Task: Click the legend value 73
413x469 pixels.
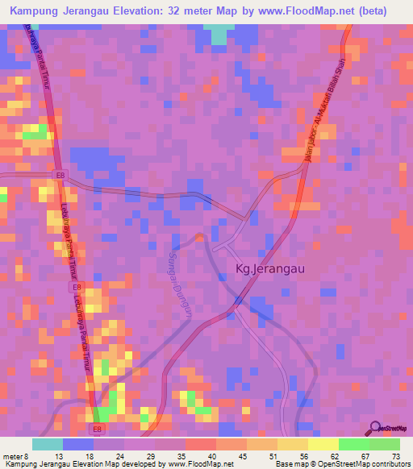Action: click(x=394, y=456)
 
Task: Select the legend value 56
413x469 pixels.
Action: click(x=302, y=456)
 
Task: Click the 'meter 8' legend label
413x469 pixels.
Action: click(x=17, y=456)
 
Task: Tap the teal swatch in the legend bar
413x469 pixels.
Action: click(x=48, y=444)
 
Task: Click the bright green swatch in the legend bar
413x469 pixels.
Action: click(x=353, y=444)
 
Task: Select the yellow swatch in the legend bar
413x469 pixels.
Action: click(x=323, y=444)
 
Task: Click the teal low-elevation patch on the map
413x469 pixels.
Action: click(x=218, y=35)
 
